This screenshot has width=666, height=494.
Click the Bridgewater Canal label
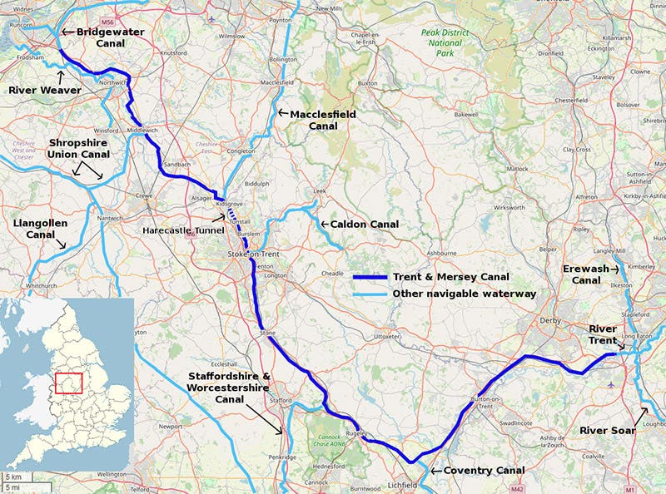(110, 37)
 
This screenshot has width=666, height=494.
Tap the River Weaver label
(43, 90)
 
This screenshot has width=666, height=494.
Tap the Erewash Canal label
(590, 274)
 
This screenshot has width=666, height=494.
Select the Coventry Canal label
(484, 471)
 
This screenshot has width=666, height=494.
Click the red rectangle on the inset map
(67, 383)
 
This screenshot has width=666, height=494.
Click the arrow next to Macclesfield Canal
(283, 112)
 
